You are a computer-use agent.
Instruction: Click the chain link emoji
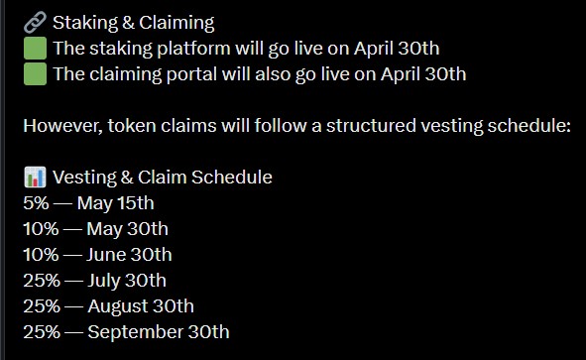(34, 22)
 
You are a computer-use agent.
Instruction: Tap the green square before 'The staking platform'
(35, 48)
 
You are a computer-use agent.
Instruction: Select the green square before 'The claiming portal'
(35, 73)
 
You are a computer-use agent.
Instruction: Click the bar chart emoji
(34, 178)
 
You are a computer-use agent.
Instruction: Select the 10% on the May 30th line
(41, 229)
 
